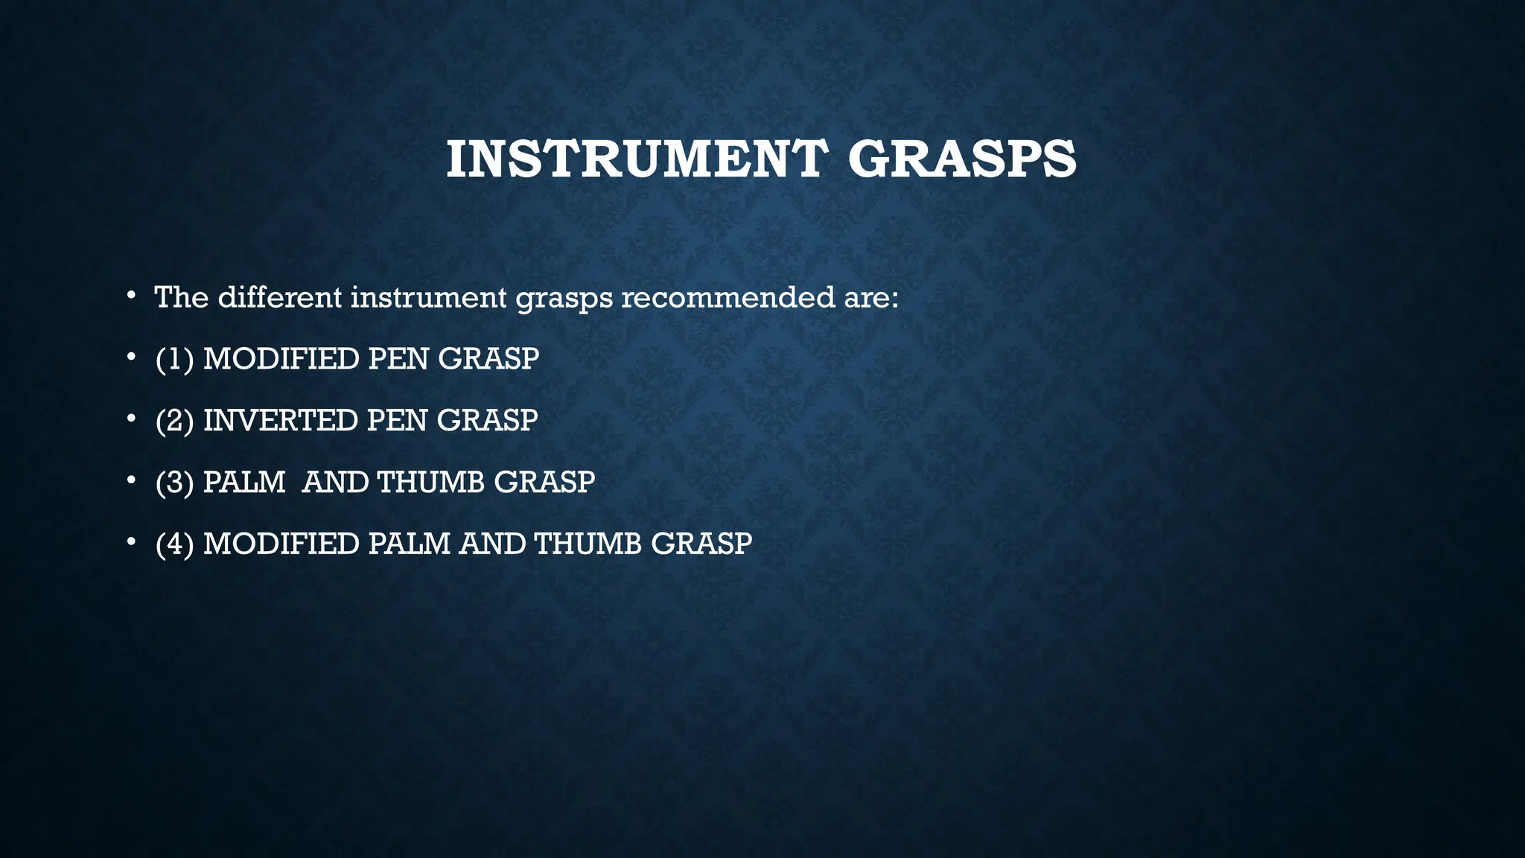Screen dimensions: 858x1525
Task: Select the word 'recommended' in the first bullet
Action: pos(728,297)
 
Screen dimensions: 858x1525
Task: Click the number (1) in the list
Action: pos(175,359)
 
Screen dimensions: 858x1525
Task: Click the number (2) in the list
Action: pos(175,421)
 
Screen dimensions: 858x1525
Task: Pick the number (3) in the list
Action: pos(175,483)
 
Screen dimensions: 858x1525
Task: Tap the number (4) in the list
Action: pos(175,544)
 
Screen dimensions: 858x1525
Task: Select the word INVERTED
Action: pos(281,421)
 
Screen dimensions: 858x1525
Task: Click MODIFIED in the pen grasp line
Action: pos(281,359)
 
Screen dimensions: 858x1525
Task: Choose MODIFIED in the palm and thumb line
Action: pos(281,544)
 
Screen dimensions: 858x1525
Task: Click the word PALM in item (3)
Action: pos(244,483)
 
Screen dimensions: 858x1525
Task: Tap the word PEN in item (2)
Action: pos(397,421)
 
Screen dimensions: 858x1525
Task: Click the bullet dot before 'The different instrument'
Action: pos(131,296)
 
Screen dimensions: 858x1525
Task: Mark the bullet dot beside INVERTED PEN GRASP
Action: pos(131,420)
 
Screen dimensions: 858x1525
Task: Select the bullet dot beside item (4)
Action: pos(131,544)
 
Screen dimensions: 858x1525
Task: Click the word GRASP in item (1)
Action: pos(488,359)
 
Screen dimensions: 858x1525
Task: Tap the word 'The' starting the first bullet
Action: pos(181,297)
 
